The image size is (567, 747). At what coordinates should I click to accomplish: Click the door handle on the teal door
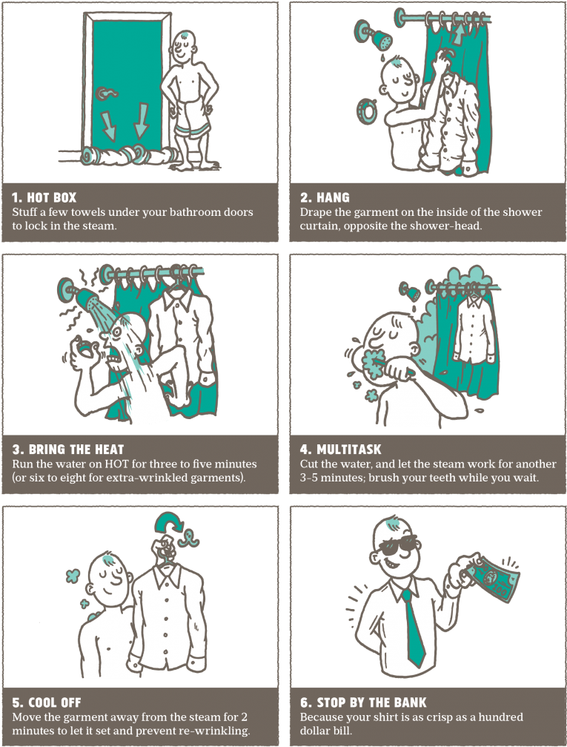tap(106, 93)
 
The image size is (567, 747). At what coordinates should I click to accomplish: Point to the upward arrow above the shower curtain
tap(459, 34)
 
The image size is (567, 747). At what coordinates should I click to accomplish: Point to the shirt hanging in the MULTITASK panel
tap(474, 331)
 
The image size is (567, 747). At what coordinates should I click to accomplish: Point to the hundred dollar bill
tap(491, 579)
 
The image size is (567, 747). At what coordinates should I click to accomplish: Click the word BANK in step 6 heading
tap(410, 702)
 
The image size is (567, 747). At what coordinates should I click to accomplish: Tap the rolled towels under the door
tap(128, 155)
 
